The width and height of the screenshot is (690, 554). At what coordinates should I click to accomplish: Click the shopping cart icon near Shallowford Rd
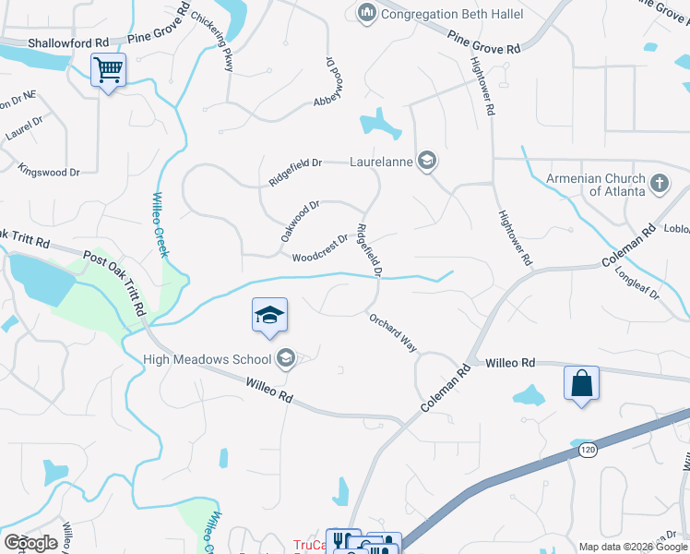(108, 69)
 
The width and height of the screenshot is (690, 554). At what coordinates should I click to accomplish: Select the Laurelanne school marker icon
(426, 162)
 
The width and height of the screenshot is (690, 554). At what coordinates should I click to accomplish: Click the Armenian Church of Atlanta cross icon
(659, 184)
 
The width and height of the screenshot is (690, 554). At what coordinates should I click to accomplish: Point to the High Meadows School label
(208, 359)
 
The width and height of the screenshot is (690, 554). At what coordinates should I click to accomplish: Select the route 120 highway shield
(587, 451)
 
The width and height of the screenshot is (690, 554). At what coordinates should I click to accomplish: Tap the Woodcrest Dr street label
(320, 248)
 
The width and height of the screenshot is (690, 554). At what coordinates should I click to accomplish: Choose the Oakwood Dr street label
(300, 223)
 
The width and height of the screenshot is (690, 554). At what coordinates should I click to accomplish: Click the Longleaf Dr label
(643, 280)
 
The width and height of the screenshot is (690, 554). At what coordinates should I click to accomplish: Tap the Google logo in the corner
(30, 542)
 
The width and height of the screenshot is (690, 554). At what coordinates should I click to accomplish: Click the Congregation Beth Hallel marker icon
(366, 14)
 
